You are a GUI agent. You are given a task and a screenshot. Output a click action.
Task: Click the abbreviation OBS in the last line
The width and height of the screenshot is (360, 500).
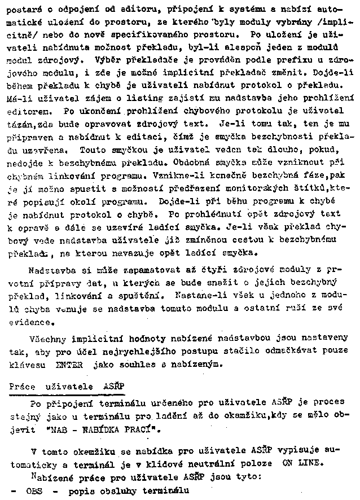[34, 490]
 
